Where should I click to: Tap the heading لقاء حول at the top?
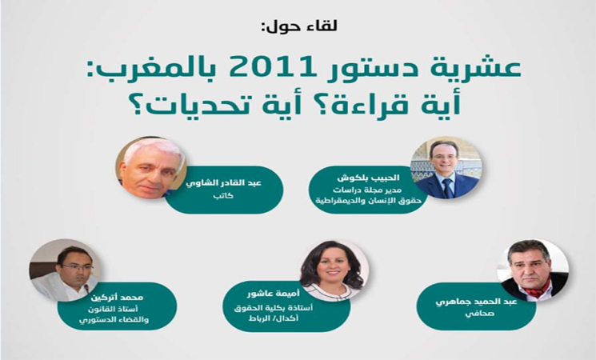299,26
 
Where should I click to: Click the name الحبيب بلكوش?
368,178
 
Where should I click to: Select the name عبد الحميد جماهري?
476,302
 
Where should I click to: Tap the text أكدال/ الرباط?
274,318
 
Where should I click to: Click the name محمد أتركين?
116,297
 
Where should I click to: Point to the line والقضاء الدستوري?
114,319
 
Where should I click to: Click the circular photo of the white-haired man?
150,168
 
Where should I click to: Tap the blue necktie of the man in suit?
447,188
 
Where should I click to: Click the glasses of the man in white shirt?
78,267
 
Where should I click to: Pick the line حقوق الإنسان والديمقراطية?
368,200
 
